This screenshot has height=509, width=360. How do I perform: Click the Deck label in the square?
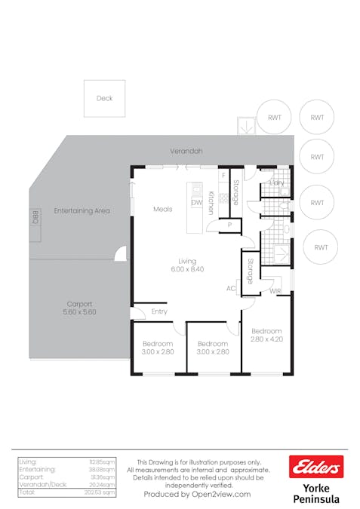pyautogui.click(x=104, y=99)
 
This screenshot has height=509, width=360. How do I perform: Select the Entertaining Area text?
pyautogui.click(x=82, y=210)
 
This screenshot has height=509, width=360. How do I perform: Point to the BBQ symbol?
pyautogui.click(x=34, y=217)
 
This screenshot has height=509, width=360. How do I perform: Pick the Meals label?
pyautogui.click(x=162, y=209)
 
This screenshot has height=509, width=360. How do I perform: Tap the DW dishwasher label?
pyautogui.click(x=196, y=203)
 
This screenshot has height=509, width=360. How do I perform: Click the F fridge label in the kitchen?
pyautogui.click(x=223, y=176)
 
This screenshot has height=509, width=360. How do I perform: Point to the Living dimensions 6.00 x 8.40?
pyautogui.click(x=186, y=269)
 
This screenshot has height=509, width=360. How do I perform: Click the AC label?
pyautogui.click(x=231, y=288)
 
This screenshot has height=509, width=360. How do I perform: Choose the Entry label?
pyautogui.click(x=159, y=311)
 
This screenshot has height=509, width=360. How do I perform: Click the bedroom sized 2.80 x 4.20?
pyautogui.click(x=266, y=336)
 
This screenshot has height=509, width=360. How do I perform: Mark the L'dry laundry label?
pyautogui.click(x=276, y=182)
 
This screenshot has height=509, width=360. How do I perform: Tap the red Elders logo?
pyautogui.click(x=316, y=468)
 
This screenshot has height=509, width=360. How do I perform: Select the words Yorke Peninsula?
pyautogui.click(x=316, y=493)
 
